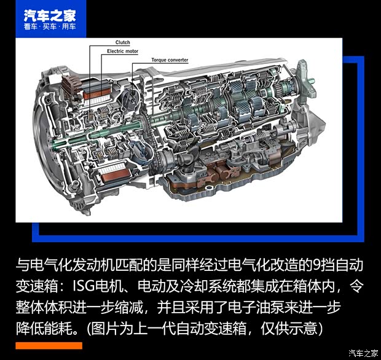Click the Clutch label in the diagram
click(x=123, y=42)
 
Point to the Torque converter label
click(x=170, y=60)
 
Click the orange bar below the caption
click(x=49, y=346)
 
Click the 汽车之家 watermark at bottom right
click(x=363, y=353)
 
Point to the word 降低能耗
click(x=46, y=326)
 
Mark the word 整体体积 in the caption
click(x=46, y=306)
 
